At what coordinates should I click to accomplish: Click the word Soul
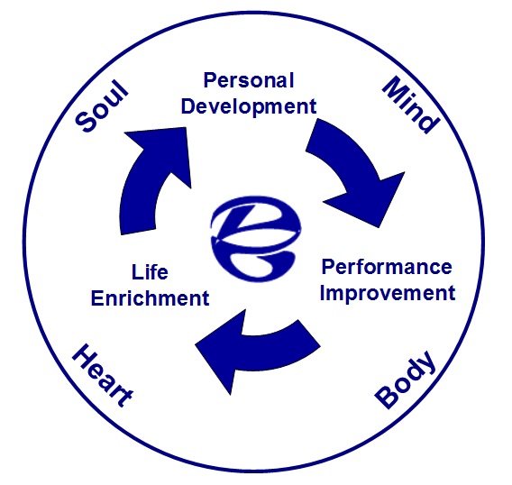[102, 105]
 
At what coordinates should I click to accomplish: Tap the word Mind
[411, 105]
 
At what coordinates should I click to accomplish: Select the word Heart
[103, 376]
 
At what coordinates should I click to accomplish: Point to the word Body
[406, 380]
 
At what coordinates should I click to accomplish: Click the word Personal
[249, 80]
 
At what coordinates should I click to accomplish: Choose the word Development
[249, 106]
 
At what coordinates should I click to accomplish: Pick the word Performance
[387, 267]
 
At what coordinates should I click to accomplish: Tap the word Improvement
[388, 293]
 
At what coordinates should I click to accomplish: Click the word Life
[150, 271]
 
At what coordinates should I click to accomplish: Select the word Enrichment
[151, 297]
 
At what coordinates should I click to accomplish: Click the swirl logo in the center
[256, 238]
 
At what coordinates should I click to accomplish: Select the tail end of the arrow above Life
[138, 230]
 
